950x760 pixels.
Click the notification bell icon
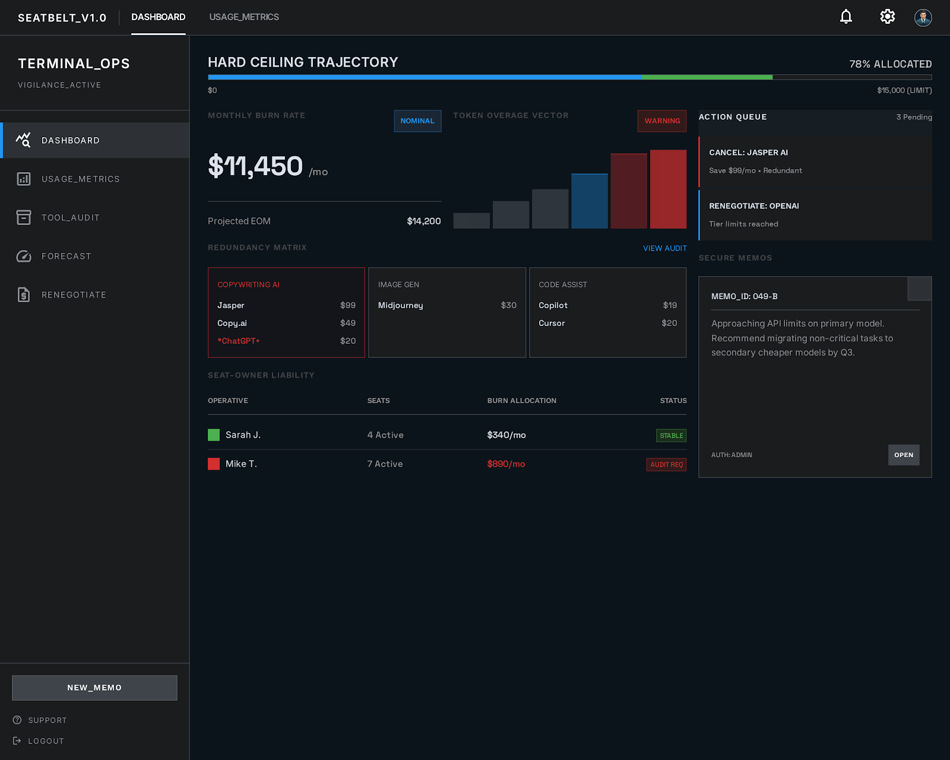point(845,17)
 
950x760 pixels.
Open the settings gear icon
point(887,17)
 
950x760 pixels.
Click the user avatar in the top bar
point(923,17)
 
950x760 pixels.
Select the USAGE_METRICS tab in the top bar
point(244,17)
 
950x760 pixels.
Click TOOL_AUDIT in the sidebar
point(70,218)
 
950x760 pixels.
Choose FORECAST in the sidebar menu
point(66,256)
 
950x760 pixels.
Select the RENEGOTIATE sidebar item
point(74,295)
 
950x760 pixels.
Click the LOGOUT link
point(45,741)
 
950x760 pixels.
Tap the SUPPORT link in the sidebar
point(47,720)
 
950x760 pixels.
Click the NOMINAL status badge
point(417,121)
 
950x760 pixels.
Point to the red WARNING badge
point(662,121)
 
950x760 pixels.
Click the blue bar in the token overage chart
point(589,201)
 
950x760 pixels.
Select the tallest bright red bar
point(668,189)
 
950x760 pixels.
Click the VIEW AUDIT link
point(664,248)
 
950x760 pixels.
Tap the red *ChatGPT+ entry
point(239,341)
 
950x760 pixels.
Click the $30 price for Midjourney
point(508,305)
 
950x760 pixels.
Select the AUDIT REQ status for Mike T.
point(666,464)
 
